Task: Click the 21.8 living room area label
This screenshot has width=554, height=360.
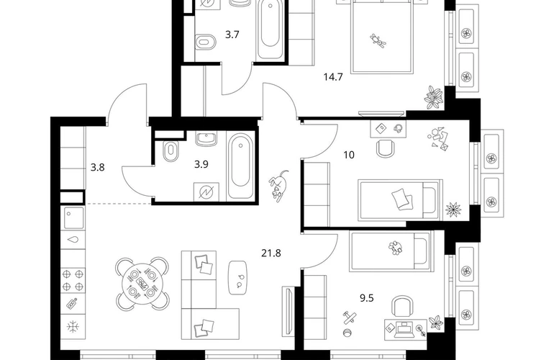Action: pos(271,253)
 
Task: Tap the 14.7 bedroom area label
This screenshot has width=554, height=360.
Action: pos(333,77)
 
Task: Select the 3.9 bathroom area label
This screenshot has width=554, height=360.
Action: pos(201,164)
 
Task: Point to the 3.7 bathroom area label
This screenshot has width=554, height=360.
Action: pos(232,35)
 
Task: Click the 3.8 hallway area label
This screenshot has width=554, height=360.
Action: pos(97,167)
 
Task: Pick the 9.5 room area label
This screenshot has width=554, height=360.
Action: pos(366,298)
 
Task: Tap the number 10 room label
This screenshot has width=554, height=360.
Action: pos(349,155)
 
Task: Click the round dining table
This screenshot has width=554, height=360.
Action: pos(142,282)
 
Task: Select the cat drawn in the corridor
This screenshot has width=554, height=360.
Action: pos(278,186)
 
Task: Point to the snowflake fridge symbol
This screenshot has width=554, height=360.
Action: pos(73,326)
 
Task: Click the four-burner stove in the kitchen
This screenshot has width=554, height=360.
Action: pos(73,280)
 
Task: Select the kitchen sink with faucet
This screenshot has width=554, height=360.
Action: pos(74,218)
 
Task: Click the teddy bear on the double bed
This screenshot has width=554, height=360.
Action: pos(378,40)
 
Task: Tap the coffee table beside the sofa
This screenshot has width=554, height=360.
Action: pos(237,278)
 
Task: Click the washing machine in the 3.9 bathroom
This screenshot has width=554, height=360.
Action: pos(206,192)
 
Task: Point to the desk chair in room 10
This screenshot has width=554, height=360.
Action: pos(385,148)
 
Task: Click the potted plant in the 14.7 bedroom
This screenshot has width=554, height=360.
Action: pos(434,96)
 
